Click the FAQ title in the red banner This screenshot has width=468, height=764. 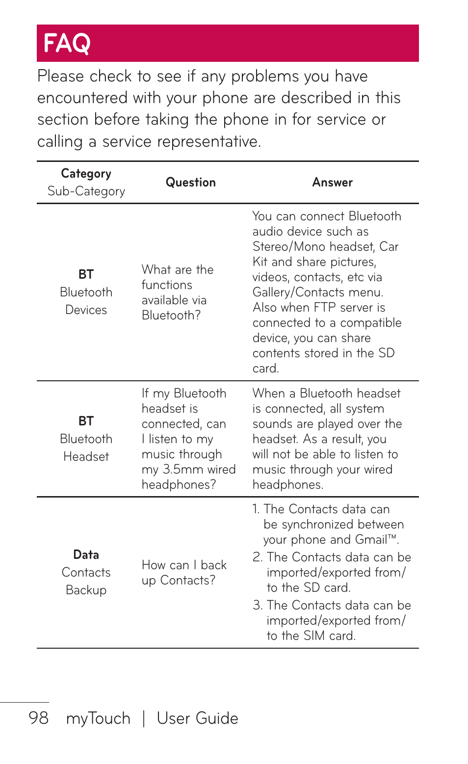67,43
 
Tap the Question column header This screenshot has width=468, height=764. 190,183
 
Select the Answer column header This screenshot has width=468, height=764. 332,183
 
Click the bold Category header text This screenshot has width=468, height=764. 86,174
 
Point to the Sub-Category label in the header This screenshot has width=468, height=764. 86,191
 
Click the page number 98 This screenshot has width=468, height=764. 38,718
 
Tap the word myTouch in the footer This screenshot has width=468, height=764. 98,718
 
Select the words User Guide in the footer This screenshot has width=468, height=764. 197,718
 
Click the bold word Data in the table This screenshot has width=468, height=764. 86,555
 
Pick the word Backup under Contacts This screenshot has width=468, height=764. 86,590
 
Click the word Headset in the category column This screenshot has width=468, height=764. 86,457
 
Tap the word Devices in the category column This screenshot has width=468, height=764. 86,310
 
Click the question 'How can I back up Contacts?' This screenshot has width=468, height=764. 183,573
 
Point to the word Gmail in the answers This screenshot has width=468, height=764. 371,540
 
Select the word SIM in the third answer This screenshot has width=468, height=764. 314,636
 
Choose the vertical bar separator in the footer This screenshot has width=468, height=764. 144,719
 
